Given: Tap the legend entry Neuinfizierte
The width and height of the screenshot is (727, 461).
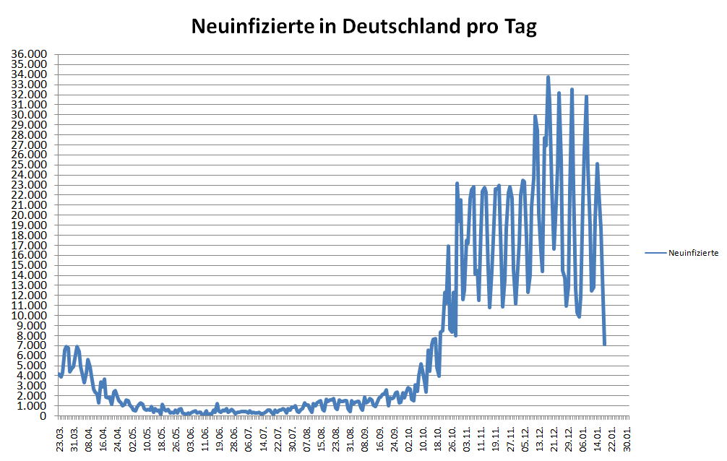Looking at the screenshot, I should click(693, 253).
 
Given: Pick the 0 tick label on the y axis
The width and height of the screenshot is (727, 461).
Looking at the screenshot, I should click(44, 416).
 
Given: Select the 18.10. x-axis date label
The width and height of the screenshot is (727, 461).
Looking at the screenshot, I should click(438, 439).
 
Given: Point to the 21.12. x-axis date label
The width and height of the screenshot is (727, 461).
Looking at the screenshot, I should click(555, 439).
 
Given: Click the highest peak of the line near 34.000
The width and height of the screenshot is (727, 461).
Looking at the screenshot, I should click(548, 77).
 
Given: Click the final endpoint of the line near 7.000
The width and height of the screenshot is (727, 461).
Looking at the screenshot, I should click(604, 344).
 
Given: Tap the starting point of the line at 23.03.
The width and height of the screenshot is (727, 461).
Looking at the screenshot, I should click(59, 374).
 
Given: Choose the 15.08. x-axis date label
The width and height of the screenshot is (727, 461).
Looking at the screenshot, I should click(322, 439).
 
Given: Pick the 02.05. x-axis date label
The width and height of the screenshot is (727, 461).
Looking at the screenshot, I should click(132, 439).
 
